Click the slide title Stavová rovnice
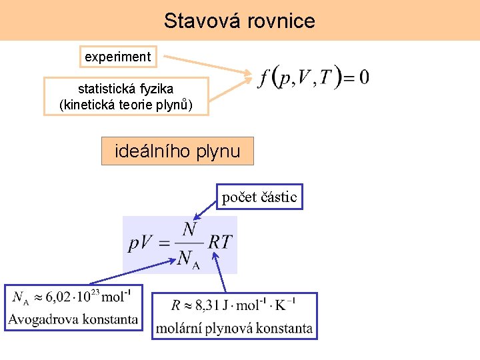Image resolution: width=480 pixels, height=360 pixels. [x=239, y=21]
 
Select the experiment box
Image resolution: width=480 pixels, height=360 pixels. [x=117, y=57]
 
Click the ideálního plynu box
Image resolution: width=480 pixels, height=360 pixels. [x=177, y=151]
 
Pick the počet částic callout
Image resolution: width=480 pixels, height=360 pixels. [x=259, y=197]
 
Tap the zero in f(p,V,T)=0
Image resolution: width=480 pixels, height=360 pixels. [x=363, y=77]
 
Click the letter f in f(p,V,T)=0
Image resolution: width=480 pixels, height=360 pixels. [x=264, y=78]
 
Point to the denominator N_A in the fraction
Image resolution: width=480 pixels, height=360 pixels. [x=189, y=258]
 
